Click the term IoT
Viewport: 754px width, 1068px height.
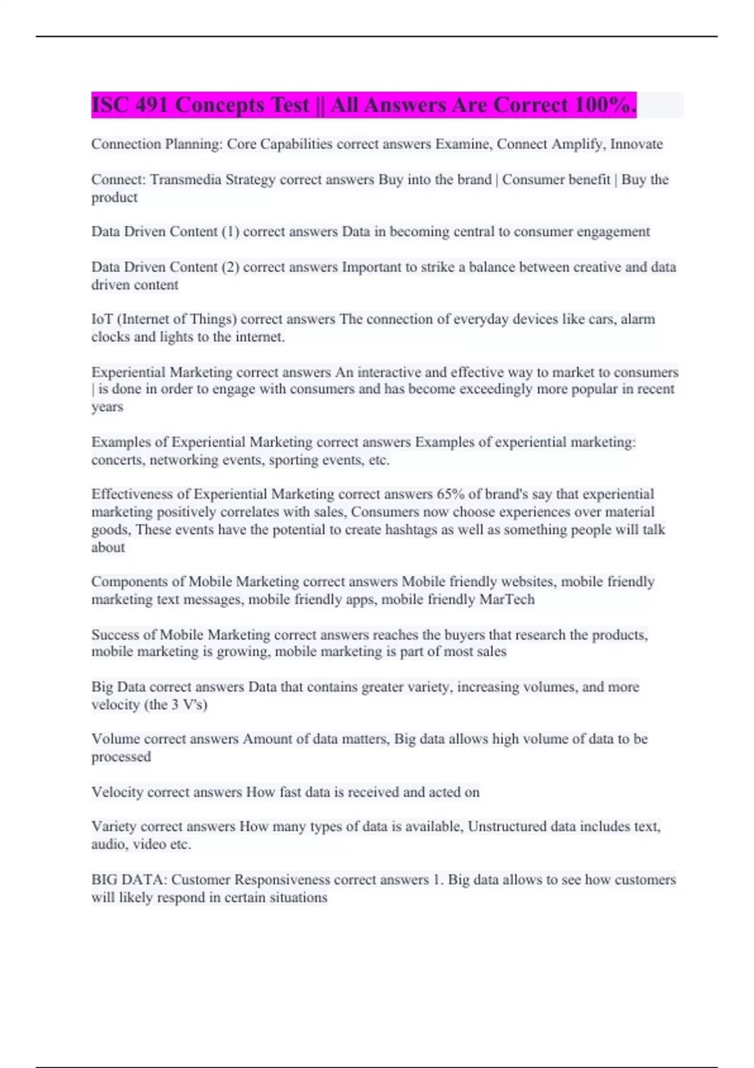point(102,319)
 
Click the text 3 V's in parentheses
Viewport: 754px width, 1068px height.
point(187,705)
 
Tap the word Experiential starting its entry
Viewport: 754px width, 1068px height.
point(128,372)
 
